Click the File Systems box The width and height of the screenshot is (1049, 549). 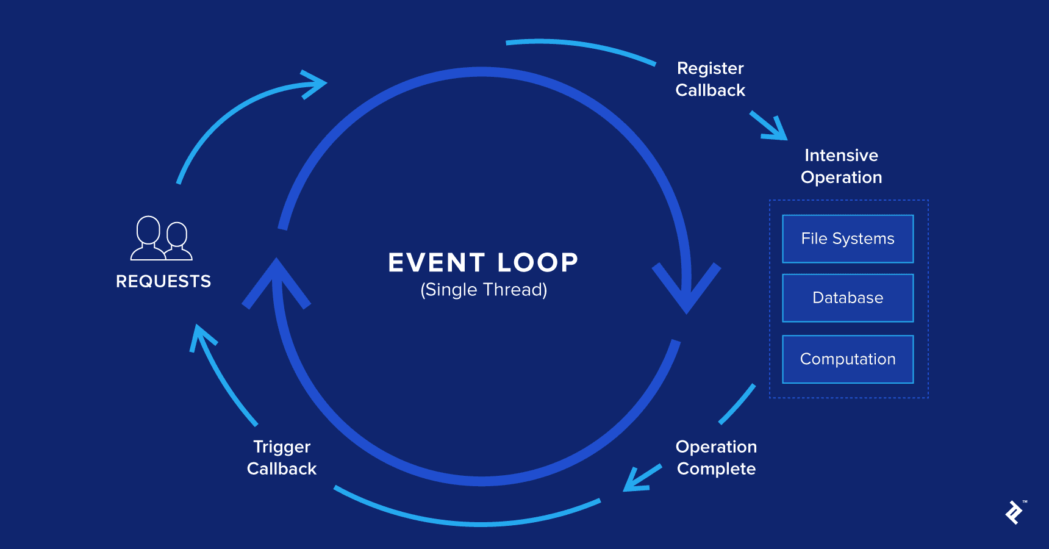[x=848, y=239]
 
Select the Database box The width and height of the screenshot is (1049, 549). [x=848, y=298]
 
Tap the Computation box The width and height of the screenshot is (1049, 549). [x=848, y=359]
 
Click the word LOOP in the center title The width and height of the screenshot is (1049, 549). [x=537, y=263]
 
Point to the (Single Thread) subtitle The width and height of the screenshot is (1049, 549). [x=484, y=290]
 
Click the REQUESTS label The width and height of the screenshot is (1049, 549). [x=163, y=281]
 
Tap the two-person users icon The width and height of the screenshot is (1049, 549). [x=162, y=239]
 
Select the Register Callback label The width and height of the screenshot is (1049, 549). [x=711, y=79]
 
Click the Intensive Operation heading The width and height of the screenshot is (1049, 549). [x=841, y=166]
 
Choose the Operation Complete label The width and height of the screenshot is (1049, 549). [x=716, y=457]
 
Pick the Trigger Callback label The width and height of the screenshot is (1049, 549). [x=282, y=457]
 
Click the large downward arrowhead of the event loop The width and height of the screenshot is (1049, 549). [x=687, y=287]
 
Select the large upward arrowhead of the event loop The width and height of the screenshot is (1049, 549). [x=276, y=281]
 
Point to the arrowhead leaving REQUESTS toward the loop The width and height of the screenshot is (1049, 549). [x=315, y=84]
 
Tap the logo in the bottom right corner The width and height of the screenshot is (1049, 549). [x=1014, y=512]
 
